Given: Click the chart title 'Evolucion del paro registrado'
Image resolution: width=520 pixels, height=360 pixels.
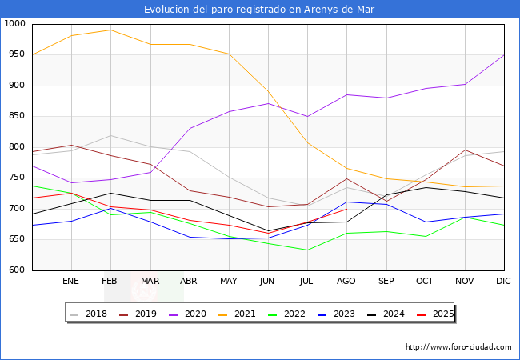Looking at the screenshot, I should (x=259, y=10).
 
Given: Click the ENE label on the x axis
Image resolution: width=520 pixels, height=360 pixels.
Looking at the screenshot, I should (x=71, y=282).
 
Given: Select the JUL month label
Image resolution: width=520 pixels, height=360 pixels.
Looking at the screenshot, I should (x=306, y=282).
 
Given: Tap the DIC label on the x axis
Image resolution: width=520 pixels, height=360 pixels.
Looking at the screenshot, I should (x=503, y=282).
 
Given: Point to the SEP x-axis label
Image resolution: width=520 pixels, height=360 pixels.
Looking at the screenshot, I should (x=386, y=282).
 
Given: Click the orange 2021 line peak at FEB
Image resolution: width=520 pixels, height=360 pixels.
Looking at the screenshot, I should (x=110, y=30).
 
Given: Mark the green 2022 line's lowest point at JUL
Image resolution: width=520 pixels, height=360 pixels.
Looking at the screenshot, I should (x=307, y=250).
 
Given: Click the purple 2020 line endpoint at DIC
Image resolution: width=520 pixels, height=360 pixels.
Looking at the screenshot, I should (x=504, y=54).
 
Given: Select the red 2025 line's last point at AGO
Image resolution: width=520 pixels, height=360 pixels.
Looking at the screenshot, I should (x=346, y=209).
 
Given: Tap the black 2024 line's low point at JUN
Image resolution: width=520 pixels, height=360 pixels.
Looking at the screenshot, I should (x=268, y=231).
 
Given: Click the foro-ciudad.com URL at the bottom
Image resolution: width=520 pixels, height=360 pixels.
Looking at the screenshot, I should (x=458, y=347).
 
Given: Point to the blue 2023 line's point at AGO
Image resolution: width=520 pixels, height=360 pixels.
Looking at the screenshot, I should (x=346, y=202).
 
